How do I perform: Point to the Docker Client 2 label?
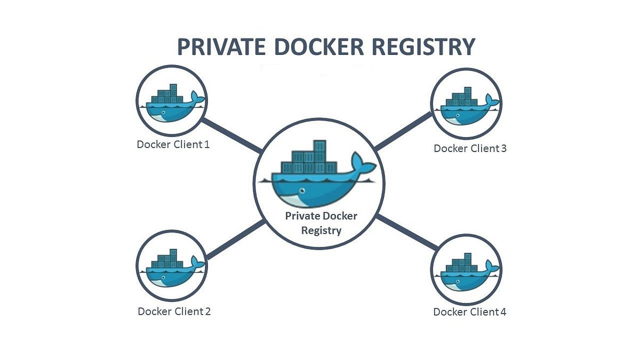(174, 311)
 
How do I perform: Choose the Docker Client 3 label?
(470, 148)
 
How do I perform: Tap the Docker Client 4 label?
(469, 312)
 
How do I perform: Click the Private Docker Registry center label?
(321, 223)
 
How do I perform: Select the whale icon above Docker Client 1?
(171, 102)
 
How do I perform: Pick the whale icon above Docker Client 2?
(171, 266)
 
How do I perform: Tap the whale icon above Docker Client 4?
(466, 269)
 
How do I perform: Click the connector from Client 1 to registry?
(233, 135)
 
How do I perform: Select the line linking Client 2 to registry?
(235, 239)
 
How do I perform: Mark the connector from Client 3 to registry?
(403, 130)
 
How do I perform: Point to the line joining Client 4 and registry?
(406, 232)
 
